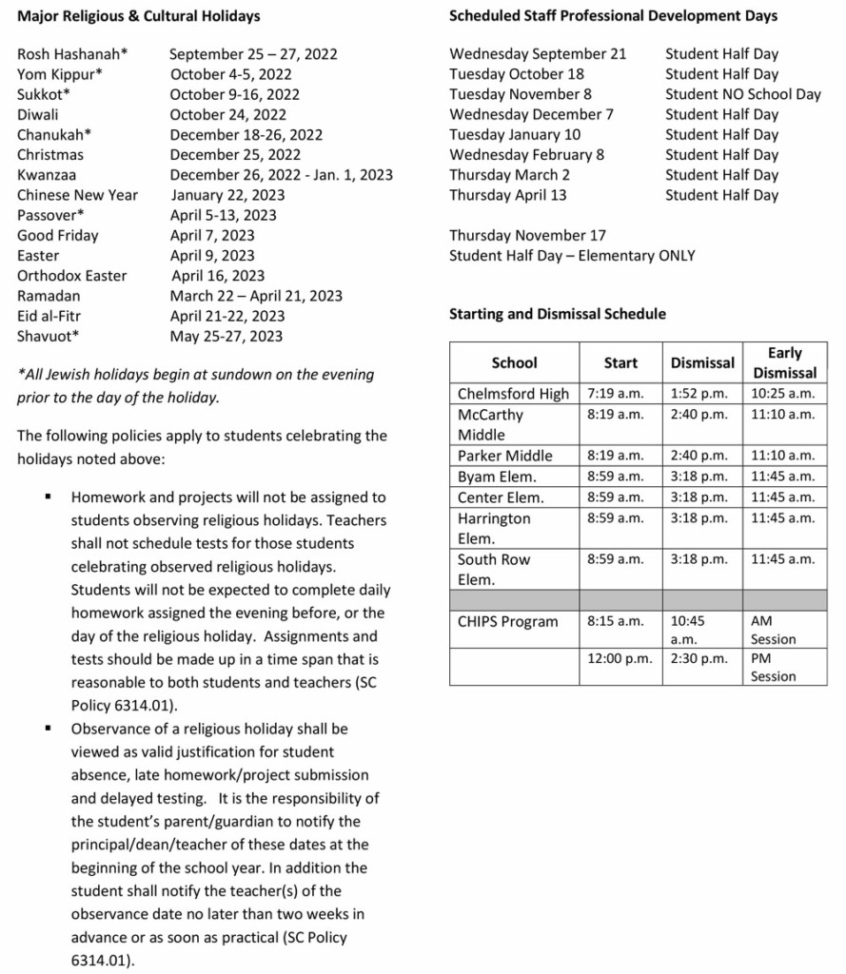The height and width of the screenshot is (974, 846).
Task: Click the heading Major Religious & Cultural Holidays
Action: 138,16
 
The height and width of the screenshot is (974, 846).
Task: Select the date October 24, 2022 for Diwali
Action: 227,114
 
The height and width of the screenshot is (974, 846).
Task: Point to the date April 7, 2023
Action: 212,235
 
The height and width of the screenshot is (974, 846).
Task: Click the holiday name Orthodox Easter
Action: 71,276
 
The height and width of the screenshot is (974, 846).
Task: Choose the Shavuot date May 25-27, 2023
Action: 226,336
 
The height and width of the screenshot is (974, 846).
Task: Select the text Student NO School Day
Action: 742,94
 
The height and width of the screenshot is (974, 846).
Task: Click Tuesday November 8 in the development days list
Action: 520,94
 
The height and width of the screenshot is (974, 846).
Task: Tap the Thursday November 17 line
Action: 527,235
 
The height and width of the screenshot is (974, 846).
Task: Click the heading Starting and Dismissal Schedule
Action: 557,314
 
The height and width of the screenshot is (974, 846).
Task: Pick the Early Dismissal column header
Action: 784,362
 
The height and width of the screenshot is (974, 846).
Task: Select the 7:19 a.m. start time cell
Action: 615,393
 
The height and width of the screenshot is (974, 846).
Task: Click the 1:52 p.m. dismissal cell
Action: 698,393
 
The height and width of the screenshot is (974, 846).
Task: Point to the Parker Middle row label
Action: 504,456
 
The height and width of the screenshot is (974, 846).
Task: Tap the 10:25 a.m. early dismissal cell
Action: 782,393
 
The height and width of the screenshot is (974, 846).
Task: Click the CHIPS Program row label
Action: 507,621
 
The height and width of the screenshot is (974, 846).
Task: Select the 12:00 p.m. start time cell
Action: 619,658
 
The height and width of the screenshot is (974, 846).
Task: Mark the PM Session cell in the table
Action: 773,667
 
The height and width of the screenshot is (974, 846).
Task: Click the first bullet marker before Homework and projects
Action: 47,497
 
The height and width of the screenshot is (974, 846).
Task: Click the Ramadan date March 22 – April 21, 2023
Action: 256,296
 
